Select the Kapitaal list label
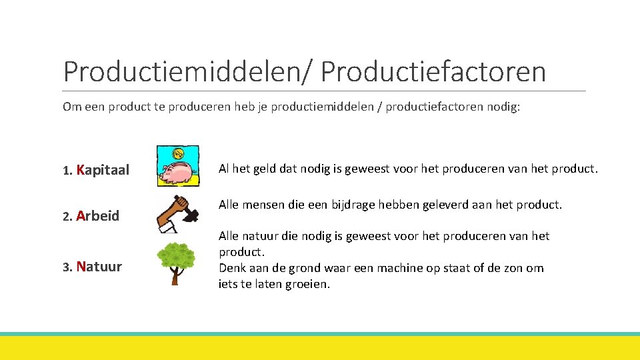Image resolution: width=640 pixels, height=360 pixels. [x=103, y=170]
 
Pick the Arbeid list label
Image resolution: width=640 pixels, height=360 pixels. [x=98, y=215]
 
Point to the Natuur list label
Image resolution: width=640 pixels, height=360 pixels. [x=99, y=267]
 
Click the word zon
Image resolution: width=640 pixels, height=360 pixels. [x=513, y=268]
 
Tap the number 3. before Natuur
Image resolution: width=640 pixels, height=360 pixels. [x=67, y=267]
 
